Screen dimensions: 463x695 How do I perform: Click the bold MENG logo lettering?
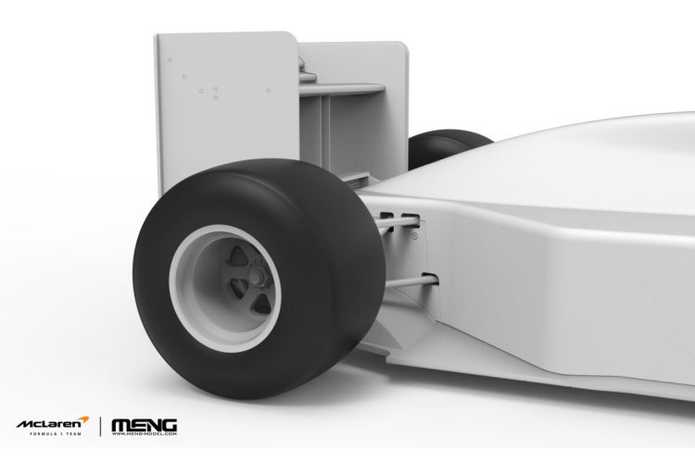point(144,423)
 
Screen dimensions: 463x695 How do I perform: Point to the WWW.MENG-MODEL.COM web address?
point(144,433)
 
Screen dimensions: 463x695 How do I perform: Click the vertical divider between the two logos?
point(100,426)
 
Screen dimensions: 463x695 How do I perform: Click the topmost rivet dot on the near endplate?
point(170,60)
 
